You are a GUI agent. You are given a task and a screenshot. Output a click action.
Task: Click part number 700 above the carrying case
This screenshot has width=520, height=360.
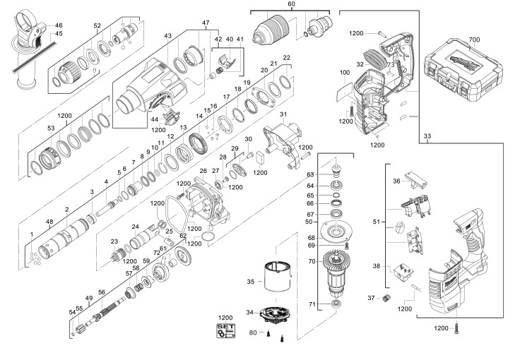(x=474, y=40)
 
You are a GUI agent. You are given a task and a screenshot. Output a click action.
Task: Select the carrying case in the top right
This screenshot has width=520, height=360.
(x=463, y=70)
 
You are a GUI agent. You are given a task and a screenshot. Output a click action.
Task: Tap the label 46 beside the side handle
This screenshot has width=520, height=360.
(x=59, y=25)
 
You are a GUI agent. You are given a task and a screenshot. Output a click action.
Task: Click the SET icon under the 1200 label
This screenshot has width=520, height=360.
(x=225, y=331)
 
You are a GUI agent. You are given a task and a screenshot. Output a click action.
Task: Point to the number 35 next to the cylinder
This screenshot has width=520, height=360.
(x=251, y=282)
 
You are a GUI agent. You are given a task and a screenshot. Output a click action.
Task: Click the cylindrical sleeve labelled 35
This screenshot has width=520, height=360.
(x=278, y=277)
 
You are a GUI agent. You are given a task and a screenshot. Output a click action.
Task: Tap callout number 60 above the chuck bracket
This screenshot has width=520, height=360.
(x=291, y=4)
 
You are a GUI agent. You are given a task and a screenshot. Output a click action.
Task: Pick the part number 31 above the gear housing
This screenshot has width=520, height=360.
(x=283, y=114)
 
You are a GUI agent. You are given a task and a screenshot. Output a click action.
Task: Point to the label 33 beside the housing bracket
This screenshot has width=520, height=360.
(x=427, y=136)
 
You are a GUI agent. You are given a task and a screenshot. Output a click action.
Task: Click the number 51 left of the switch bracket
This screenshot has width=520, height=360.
(x=376, y=222)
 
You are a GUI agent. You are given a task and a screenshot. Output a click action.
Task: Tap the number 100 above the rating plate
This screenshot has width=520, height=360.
(x=345, y=73)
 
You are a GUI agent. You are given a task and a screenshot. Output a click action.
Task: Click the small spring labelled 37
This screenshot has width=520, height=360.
(x=385, y=298)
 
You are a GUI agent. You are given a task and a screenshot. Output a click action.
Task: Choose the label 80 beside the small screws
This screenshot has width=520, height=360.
(x=253, y=332)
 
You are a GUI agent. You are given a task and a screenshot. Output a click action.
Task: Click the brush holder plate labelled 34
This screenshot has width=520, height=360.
(x=273, y=315)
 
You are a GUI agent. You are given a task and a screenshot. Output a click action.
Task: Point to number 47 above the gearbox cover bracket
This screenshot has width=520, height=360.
(x=206, y=23)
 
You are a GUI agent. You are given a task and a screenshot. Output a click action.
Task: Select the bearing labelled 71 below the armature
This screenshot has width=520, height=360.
(x=336, y=304)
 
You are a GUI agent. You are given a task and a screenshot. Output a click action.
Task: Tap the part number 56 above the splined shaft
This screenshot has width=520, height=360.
(x=102, y=292)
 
